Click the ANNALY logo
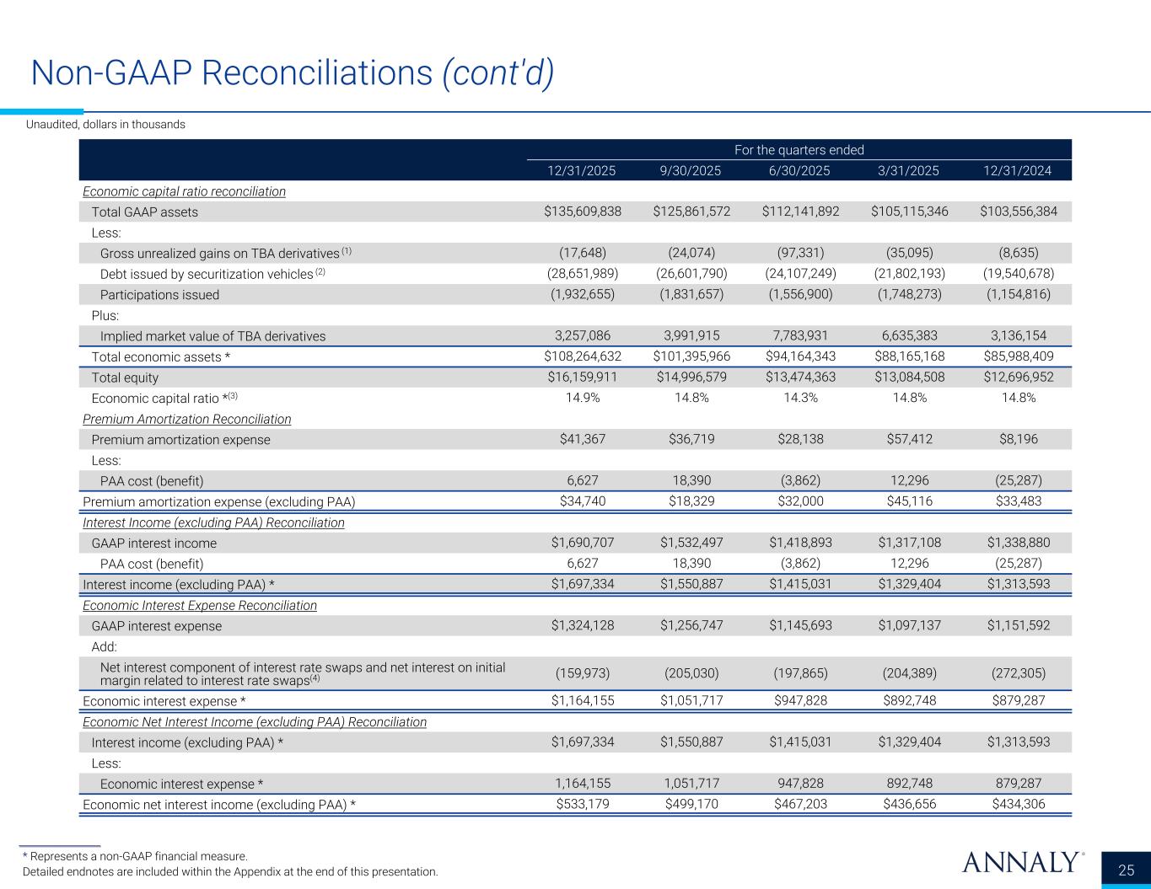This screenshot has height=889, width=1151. click(1020, 862)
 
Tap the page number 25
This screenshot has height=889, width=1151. click(1127, 870)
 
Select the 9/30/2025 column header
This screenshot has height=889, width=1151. click(691, 170)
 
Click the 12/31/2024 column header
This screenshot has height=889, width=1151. click(1017, 170)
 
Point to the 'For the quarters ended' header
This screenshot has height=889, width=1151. click(799, 150)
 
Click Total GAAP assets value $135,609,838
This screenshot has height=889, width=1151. click(583, 212)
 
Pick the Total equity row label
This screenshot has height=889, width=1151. click(125, 378)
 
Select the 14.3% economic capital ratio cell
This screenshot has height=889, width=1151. click(799, 398)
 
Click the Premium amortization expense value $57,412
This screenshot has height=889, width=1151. click(909, 439)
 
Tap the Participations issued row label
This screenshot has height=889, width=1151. click(159, 295)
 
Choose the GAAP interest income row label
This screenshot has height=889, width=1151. click(153, 544)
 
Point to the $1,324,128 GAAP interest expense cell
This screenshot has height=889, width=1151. click(583, 626)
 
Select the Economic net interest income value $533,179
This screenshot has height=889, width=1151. click(583, 804)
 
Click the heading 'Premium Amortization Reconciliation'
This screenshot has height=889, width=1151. click(187, 419)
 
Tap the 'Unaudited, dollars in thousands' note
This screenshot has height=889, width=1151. click(105, 125)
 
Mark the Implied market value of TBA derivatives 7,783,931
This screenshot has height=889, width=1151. click(799, 336)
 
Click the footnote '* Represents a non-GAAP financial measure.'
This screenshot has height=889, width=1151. click(135, 856)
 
